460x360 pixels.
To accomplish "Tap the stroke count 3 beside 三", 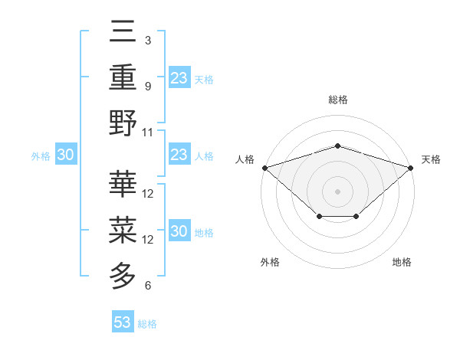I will (148, 40).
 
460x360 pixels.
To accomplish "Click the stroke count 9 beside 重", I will (148, 86).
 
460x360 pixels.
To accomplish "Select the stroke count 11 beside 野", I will (148, 132).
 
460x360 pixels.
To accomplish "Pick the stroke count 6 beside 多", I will (148, 286).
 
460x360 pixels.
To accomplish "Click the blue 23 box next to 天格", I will (179, 77).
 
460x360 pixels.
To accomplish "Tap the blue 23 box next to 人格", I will (179, 155).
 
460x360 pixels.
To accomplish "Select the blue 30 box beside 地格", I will (179, 231).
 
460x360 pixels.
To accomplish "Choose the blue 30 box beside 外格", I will (66, 155).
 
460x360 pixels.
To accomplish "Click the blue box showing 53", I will (123, 322).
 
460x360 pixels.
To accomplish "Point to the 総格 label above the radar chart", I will (337, 100).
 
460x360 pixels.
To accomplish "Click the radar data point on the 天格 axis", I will (411, 167).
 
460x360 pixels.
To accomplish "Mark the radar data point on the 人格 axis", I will (264, 167).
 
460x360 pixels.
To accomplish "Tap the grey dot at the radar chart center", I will (337, 191).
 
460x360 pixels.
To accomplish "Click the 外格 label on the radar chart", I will (270, 262).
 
